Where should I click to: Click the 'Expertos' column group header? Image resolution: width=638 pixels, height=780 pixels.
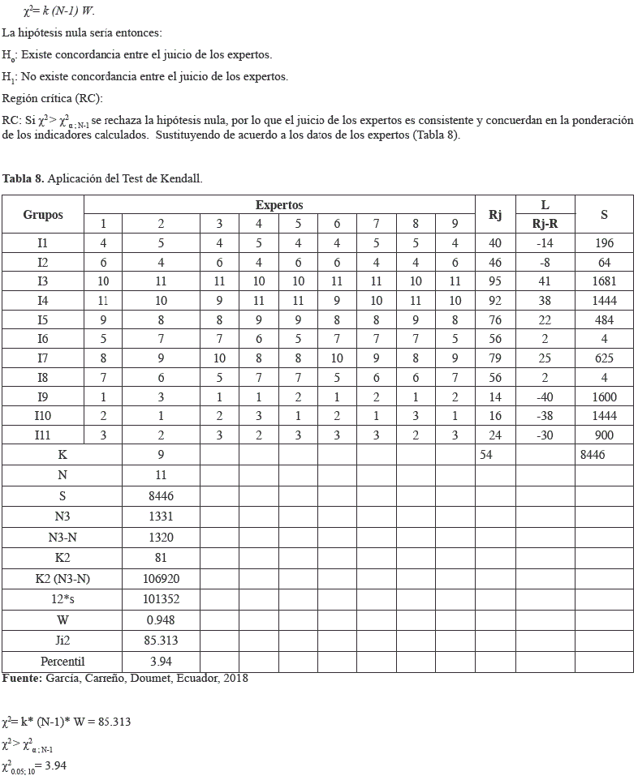tap(279, 205)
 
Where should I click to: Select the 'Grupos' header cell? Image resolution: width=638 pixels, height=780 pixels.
tap(43, 215)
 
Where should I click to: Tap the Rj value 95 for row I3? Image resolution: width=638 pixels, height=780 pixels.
tap(495, 281)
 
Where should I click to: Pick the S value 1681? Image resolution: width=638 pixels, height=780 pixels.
tap(604, 281)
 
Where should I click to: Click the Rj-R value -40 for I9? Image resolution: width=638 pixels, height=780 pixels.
tap(545, 397)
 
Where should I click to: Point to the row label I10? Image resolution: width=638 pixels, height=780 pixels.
tap(43, 416)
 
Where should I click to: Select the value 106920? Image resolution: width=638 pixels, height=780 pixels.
tap(161, 579)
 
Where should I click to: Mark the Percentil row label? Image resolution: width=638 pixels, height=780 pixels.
tap(63, 662)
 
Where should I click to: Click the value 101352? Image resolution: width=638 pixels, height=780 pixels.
tap(161, 599)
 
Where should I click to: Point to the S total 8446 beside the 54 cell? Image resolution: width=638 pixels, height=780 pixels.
tap(593, 455)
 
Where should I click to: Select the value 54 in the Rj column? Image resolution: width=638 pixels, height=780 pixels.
tap(485, 455)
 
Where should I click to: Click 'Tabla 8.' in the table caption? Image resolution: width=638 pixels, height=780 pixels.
tap(23, 178)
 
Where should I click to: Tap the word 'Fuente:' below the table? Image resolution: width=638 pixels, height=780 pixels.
tap(23, 678)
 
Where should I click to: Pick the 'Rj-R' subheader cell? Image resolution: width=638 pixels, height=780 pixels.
tap(545, 224)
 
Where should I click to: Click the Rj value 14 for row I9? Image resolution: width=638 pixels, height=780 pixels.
tap(495, 397)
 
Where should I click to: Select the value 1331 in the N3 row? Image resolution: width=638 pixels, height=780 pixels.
tap(161, 516)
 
